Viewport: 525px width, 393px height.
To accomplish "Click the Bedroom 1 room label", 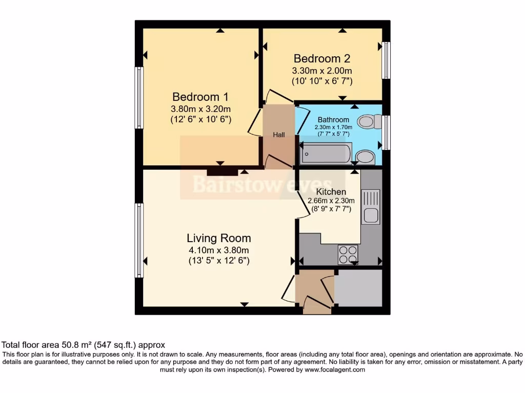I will pos(200,97).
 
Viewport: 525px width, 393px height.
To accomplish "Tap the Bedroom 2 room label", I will pos(321,58).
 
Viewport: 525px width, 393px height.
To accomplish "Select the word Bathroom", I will pos(333,120).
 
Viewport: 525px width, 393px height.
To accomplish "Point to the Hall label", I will pos(279,135).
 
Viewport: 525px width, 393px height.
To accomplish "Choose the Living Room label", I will pos(218,238).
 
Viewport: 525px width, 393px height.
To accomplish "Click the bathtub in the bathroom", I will pos(326,153).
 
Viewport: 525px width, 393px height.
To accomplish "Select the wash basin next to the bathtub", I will pos(365,157).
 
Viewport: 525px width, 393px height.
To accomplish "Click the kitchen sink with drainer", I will pos(370,207).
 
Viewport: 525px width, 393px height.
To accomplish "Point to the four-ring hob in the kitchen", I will pos(348,254).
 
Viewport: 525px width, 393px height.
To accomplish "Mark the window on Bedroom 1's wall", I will pos(138,97).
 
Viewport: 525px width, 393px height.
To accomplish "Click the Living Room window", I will pos(138,240).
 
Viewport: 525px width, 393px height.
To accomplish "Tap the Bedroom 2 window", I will pos(387,60).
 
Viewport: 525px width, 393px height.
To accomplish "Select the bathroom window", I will pos(387,133).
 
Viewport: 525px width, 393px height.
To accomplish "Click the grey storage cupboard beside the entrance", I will pos(358,288).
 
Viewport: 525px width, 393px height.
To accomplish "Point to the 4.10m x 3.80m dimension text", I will pos(218,250).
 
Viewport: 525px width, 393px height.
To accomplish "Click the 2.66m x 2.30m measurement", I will pos(331,201).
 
